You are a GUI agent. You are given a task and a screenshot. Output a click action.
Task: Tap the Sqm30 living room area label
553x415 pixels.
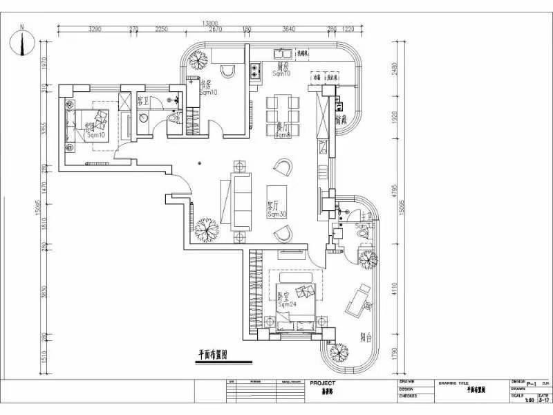(277, 215)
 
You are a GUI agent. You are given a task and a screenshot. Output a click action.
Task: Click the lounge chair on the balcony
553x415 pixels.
(359, 301)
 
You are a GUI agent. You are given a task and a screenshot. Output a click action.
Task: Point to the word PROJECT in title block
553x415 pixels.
(323, 383)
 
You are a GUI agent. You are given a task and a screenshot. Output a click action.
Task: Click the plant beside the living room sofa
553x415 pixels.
(206, 228)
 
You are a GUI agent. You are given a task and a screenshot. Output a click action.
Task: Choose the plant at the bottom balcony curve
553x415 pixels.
(339, 352)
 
